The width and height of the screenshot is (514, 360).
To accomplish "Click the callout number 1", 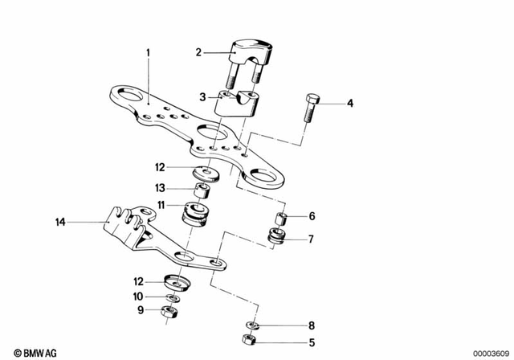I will [148, 53].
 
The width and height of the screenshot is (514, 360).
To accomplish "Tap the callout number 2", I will [198, 53].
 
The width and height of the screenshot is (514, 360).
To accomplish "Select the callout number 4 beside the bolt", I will [350, 103].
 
